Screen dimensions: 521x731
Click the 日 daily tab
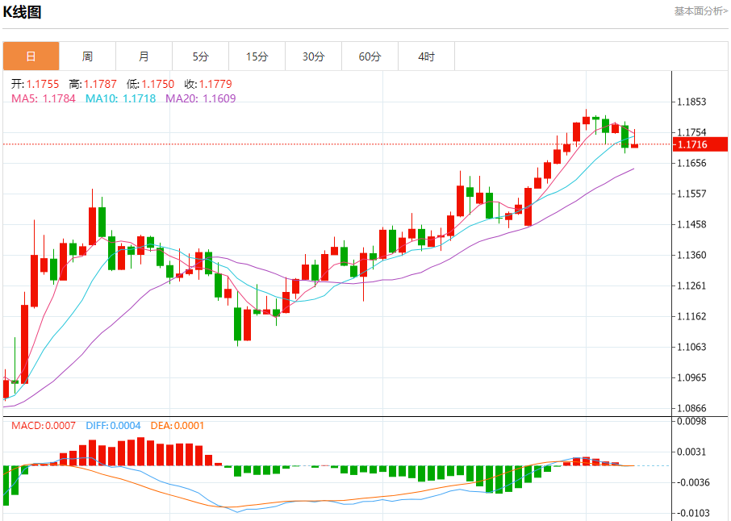coord(31,56)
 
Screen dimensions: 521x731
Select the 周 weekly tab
coord(87,56)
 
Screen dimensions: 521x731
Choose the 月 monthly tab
coord(144,56)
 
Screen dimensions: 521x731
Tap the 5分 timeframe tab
coord(200,56)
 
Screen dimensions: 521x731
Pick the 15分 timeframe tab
coord(257,56)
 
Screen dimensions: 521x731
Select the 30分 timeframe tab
coord(313,56)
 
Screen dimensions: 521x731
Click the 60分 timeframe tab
coord(370,56)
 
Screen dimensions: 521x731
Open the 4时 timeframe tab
coord(426,56)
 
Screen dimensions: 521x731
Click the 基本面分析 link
coord(700,10)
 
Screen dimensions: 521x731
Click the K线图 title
coord(23,12)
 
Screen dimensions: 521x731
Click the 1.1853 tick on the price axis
coord(692,102)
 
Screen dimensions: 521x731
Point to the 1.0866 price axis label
coord(692,409)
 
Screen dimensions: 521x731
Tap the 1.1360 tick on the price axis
coord(692,256)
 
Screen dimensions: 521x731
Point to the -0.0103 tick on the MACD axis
coord(692,513)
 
